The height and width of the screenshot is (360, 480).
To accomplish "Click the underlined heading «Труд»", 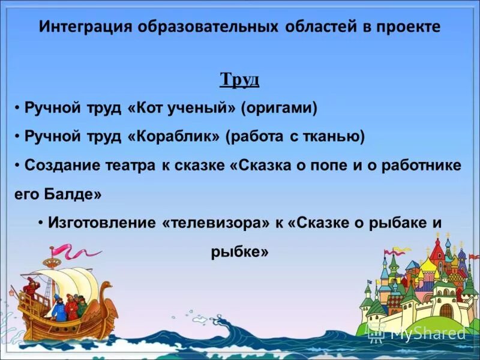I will [239, 80].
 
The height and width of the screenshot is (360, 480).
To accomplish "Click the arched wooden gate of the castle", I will [446, 310].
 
